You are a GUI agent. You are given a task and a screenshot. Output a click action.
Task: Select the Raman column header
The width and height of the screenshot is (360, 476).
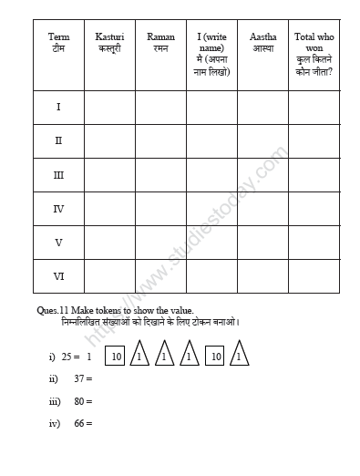160,42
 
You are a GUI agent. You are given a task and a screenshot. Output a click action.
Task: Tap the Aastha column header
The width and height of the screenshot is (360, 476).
263,42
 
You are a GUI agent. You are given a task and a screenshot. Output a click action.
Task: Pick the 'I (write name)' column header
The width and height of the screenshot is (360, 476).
211,54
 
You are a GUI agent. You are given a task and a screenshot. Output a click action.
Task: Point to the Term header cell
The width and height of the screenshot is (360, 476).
58,42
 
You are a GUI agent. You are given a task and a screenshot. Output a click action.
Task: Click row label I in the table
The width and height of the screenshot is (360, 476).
58,108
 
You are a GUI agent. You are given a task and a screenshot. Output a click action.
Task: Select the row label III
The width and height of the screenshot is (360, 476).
58,175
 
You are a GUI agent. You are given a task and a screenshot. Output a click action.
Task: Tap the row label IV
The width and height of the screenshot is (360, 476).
58,209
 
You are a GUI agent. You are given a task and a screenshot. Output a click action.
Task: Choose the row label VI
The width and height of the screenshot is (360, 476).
58,276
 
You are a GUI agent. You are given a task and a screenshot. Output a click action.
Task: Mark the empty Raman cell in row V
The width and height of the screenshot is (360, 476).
160,243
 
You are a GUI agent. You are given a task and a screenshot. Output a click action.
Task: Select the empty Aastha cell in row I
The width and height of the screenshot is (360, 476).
263,108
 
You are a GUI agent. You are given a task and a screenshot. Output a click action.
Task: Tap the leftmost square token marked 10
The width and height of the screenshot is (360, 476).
118,358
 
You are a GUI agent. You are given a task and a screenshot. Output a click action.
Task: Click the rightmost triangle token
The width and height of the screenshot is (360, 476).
238,357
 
